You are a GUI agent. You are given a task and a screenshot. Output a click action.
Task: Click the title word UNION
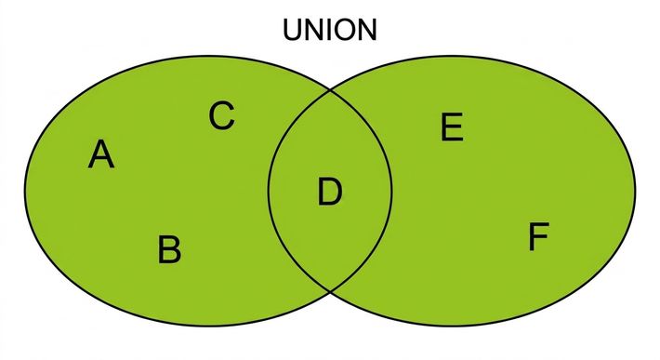[x=330, y=30]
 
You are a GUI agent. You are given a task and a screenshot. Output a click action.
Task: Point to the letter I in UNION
[x=330, y=30]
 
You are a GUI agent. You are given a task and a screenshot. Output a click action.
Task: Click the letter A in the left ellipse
[x=101, y=154]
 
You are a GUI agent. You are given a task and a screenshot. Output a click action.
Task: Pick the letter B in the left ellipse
[x=169, y=249]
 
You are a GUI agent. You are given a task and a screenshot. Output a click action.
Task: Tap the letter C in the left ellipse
[x=221, y=115]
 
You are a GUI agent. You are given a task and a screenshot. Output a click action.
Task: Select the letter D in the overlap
[x=330, y=192]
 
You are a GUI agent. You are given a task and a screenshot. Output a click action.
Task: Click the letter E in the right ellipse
[x=452, y=127]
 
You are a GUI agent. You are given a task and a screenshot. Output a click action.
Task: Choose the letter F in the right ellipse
[x=539, y=236]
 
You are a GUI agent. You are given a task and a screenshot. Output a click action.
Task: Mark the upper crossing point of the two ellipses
[x=330, y=89]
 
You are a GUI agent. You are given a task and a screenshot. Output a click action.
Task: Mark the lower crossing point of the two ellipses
[x=330, y=291]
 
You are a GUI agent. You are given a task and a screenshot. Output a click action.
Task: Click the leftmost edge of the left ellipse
[x=25, y=191]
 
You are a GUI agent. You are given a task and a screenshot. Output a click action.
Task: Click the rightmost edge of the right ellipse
[x=635, y=191]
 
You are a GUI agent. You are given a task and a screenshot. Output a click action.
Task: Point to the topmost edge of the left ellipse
[x=209, y=57]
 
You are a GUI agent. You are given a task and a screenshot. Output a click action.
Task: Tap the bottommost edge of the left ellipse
[x=209, y=325]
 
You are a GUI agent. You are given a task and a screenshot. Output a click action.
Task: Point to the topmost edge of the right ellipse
[x=452, y=57]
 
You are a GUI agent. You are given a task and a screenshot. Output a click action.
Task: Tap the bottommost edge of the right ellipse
[x=452, y=325]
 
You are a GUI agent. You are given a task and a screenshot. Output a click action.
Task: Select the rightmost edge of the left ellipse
[x=392, y=191]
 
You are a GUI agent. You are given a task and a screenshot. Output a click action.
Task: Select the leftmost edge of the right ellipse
[x=269, y=191]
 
